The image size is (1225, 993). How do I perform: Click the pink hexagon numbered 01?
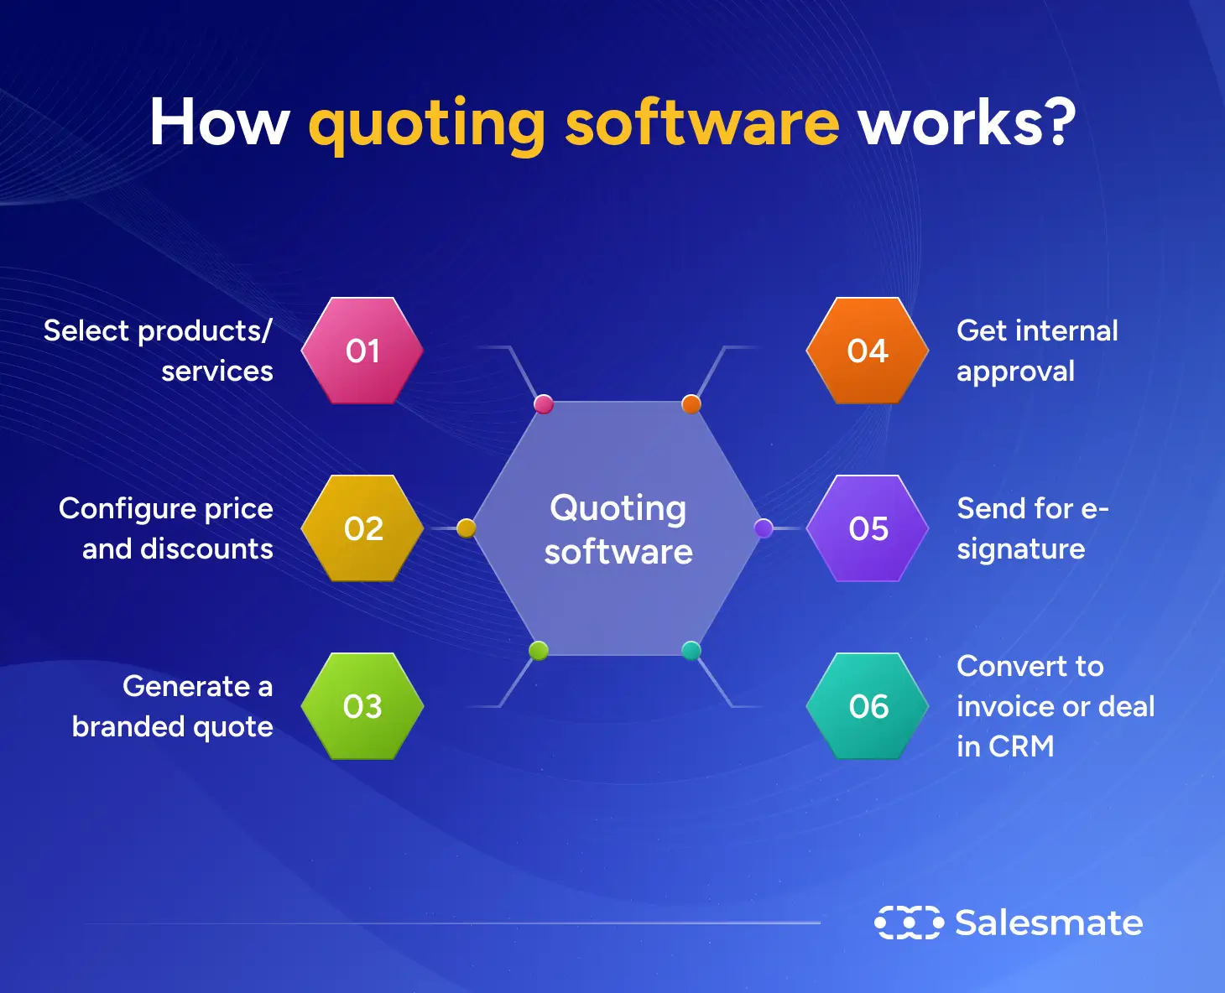click(x=362, y=351)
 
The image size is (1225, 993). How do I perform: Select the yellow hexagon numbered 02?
click(x=362, y=528)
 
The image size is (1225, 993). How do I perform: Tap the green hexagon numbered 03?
click(x=362, y=706)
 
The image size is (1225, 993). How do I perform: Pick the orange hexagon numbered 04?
click(x=868, y=351)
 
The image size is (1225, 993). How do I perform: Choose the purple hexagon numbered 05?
click(x=868, y=528)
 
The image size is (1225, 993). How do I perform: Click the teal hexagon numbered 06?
click(x=868, y=706)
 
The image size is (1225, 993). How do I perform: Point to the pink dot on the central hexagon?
click(x=544, y=404)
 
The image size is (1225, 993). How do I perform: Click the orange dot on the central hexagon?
click(x=691, y=404)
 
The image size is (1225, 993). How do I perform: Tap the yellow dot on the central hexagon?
click(x=467, y=528)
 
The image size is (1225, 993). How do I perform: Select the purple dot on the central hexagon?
click(x=764, y=528)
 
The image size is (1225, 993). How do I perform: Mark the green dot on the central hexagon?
click(x=539, y=650)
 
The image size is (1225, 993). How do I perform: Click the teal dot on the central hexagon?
click(x=691, y=650)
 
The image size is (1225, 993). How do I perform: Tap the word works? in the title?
click(x=966, y=122)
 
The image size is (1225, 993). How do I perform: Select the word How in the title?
click(x=219, y=122)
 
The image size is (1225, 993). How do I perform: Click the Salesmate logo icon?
click(x=909, y=923)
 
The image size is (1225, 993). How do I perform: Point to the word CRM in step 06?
click(x=1021, y=746)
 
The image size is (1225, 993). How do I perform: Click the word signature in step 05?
click(x=1020, y=550)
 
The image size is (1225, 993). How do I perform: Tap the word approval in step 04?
click(x=1015, y=372)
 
